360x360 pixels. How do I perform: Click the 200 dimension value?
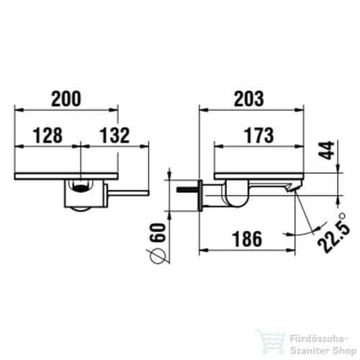pyautogui.click(x=66, y=99)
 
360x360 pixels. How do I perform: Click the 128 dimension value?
pyautogui.click(x=48, y=135)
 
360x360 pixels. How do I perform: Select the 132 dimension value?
pyautogui.click(x=114, y=135)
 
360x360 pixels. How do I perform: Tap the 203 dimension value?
pyautogui.click(x=249, y=99)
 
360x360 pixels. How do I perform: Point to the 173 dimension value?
pyautogui.click(x=258, y=135)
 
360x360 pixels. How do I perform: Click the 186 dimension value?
pyautogui.click(x=247, y=239)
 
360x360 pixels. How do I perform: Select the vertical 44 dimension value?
pyautogui.click(x=326, y=150)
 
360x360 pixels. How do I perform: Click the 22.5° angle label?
pyautogui.click(x=334, y=233)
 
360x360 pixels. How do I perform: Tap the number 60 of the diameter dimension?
pyautogui.click(x=158, y=233)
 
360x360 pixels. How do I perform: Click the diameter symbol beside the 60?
pyautogui.click(x=158, y=255)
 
